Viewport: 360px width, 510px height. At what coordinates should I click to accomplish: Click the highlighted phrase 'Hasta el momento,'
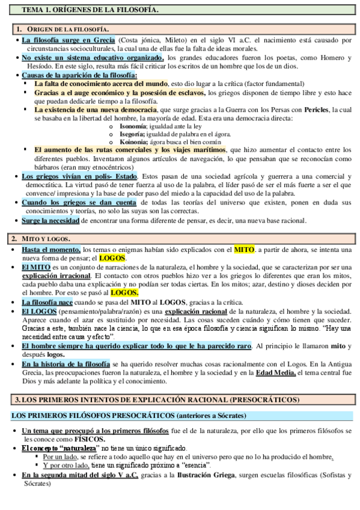[51, 249]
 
